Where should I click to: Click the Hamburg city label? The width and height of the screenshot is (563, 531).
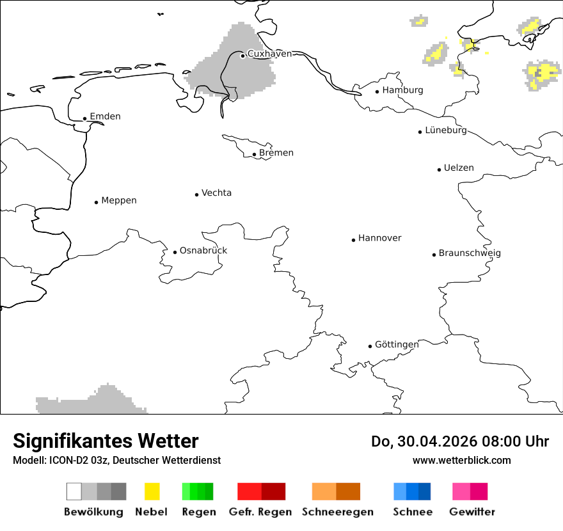(x=402, y=90)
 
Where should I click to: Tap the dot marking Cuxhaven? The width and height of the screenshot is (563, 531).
(x=242, y=56)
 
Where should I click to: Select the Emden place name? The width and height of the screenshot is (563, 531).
(x=105, y=116)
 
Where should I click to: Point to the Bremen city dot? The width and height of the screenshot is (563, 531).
(x=254, y=154)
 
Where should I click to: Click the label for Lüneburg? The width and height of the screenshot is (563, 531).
(x=446, y=131)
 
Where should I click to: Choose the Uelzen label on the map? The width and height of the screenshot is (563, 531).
(x=459, y=168)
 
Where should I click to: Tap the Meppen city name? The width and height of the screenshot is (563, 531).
(x=119, y=201)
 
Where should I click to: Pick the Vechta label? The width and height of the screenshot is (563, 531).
(x=216, y=193)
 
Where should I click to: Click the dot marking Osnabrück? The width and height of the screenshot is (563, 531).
(x=175, y=252)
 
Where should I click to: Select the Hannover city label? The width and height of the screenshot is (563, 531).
(x=379, y=238)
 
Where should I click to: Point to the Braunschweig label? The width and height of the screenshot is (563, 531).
(x=470, y=253)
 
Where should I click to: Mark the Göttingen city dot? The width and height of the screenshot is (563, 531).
(x=370, y=346)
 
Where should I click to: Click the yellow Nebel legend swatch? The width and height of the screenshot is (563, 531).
(x=152, y=491)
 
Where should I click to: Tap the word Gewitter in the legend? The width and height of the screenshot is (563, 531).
(x=472, y=512)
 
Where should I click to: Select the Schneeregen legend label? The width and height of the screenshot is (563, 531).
(x=337, y=512)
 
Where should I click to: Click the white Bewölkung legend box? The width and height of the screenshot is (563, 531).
(x=74, y=491)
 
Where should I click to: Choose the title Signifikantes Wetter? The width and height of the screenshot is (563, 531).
(x=106, y=441)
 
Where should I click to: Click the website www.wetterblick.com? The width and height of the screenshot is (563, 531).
(x=461, y=460)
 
